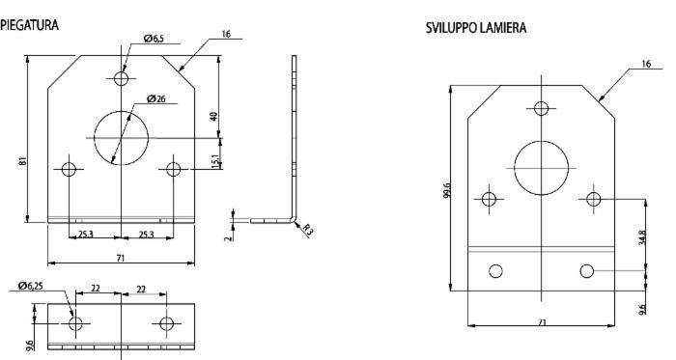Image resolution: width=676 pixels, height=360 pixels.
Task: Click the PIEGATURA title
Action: coord(29,25)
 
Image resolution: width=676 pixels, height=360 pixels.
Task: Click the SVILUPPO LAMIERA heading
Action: coord(476,28)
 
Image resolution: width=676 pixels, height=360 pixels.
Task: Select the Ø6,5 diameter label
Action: coord(154,39)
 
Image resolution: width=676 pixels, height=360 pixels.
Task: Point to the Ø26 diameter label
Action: coord(156,98)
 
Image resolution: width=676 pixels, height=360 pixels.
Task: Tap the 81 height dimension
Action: coord(23,160)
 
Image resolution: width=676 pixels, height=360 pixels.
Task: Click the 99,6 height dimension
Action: coord(447,190)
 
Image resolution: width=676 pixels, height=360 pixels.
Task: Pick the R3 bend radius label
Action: coord(306,230)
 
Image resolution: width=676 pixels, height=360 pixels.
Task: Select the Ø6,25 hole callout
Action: coord(31,286)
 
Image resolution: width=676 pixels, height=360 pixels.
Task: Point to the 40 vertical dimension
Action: coord(214,116)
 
